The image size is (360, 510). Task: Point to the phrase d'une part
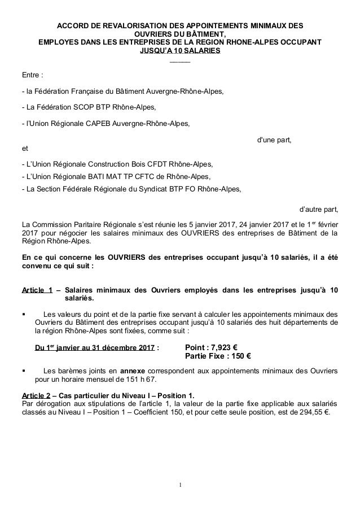(274, 140)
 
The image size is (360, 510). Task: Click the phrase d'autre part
(319, 212)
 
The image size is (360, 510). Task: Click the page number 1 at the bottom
(179, 485)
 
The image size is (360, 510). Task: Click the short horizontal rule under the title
(179, 61)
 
